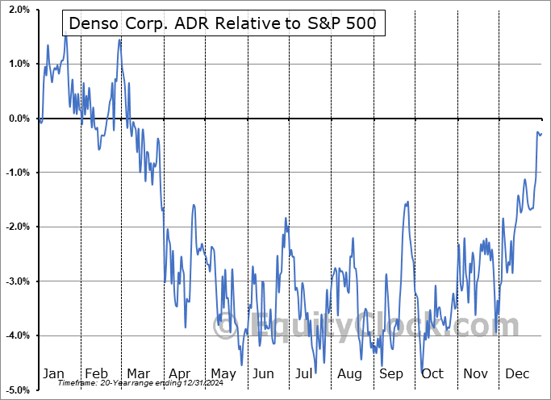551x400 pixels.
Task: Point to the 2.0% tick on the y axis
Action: click(x=18, y=10)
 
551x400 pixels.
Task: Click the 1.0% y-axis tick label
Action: click(x=18, y=65)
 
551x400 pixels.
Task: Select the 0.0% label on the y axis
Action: click(x=18, y=119)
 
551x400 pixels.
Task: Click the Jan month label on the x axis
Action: click(x=53, y=374)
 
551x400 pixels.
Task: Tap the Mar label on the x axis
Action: click(x=139, y=374)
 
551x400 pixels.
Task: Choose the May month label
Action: click(x=223, y=374)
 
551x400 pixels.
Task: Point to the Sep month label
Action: click(x=391, y=374)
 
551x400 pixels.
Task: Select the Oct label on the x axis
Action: click(x=433, y=374)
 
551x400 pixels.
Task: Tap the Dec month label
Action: click(x=517, y=374)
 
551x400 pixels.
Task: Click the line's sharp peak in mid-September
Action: click(x=407, y=202)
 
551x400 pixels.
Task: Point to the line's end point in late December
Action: click(x=541, y=133)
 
